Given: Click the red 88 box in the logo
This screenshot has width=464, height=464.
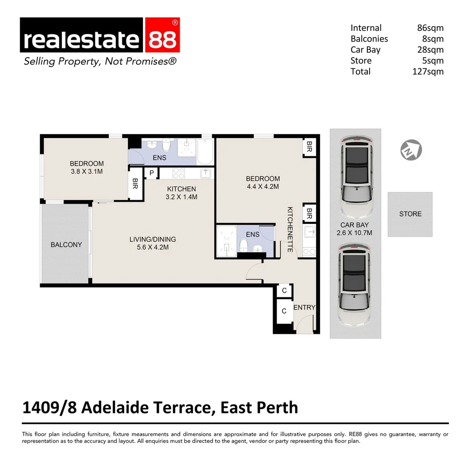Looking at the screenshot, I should pyautogui.click(x=162, y=40).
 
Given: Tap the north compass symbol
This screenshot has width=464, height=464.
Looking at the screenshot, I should pyautogui.click(x=411, y=150).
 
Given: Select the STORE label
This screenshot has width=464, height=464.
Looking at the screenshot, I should pyautogui.click(x=410, y=214).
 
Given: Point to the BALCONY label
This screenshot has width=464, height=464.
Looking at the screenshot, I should pyautogui.click(x=66, y=244).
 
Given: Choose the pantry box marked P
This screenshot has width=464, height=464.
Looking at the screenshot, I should pyautogui.click(x=151, y=173).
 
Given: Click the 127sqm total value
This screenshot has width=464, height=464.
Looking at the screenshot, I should pyautogui.click(x=427, y=72).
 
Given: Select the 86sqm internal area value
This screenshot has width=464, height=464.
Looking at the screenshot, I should pyautogui.click(x=430, y=28).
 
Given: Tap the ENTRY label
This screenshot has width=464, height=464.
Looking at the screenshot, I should pyautogui.click(x=304, y=308).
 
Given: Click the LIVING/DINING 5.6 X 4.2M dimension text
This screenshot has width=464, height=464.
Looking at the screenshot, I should pyautogui.click(x=153, y=248).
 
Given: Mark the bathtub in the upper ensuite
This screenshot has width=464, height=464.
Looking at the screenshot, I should pyautogui.click(x=205, y=151).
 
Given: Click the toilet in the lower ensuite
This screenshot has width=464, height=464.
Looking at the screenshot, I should pyautogui.click(x=244, y=246).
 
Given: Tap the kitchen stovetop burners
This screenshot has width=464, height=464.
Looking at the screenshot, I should pyautogui.click(x=178, y=173).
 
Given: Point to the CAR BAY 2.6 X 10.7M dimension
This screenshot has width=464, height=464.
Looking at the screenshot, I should pyautogui.click(x=355, y=233).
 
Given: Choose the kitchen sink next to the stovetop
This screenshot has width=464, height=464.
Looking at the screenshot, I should pyautogui.click(x=205, y=173).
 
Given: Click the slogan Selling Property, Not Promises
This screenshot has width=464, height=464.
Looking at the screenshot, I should pyautogui.click(x=100, y=61).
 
